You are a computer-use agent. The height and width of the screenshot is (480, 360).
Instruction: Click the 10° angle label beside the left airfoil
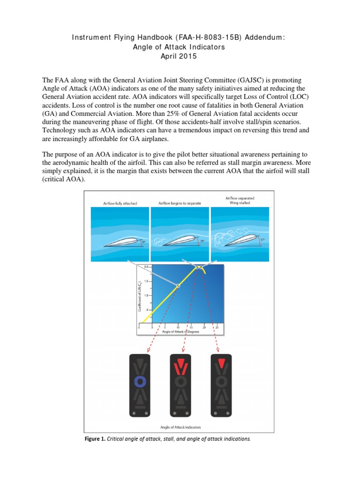pyautogui.click(x=143, y=242)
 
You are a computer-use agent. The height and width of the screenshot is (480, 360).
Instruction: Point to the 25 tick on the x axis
pyautogui.click(x=217, y=328)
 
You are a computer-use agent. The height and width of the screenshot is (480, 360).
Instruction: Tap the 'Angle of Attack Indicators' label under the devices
pyautogui.click(x=180, y=427)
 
